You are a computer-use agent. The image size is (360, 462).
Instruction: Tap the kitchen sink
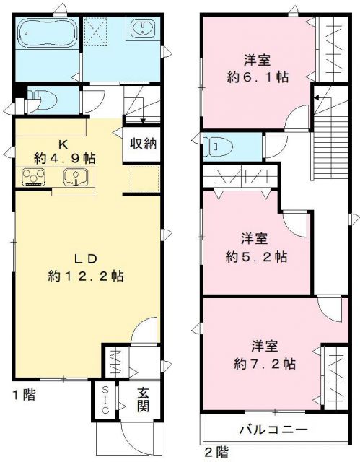click(x=74, y=176)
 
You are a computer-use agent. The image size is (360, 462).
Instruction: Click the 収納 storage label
click(x=143, y=143)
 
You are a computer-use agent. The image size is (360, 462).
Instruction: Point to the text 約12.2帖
click(x=84, y=276)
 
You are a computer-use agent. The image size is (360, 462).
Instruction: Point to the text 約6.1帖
click(x=258, y=77)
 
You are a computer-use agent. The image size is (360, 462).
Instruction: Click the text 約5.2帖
click(x=258, y=256)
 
